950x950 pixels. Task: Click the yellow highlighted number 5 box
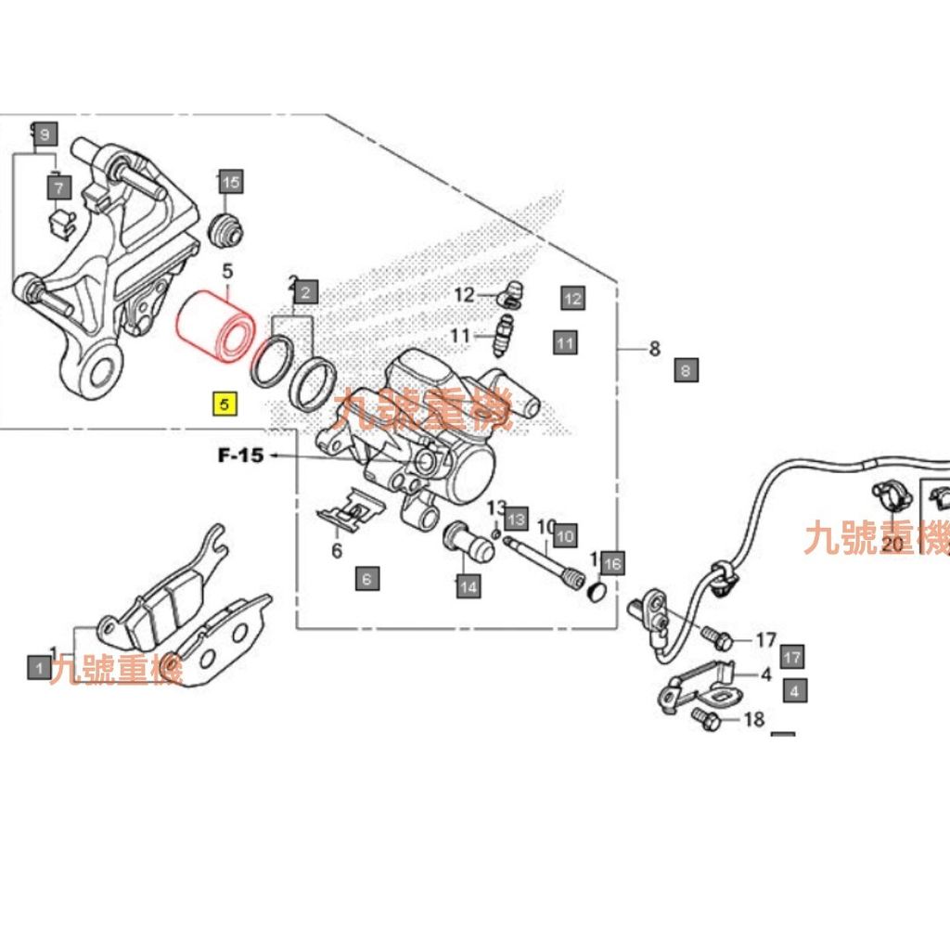click(225, 405)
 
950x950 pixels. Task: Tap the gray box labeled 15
click(230, 183)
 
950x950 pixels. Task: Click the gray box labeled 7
click(59, 189)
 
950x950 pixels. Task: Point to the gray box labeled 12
click(572, 298)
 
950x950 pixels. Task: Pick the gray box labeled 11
click(565, 343)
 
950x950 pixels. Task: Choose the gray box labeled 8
click(687, 371)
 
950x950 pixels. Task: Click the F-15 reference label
click(240, 456)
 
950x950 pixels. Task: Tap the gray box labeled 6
click(367, 580)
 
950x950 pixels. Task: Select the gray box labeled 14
click(468, 585)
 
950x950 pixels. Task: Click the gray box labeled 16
click(611, 562)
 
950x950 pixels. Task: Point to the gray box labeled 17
click(791, 658)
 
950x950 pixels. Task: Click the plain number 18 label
click(754, 719)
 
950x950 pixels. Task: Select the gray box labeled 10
click(565, 535)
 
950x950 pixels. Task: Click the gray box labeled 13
click(516, 519)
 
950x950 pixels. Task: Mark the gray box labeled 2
click(307, 294)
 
